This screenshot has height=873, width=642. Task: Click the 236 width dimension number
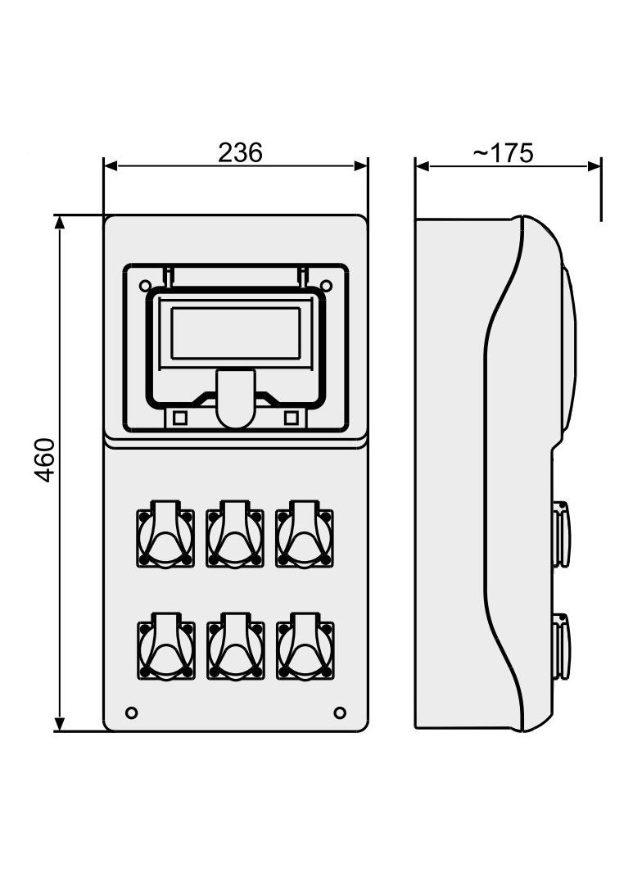(240, 152)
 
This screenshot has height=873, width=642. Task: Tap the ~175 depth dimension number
(503, 152)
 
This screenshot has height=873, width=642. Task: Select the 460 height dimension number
(44, 460)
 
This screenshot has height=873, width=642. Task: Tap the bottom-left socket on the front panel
(166, 647)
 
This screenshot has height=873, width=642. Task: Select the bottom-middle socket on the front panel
(236, 647)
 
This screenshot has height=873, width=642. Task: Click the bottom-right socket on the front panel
(305, 647)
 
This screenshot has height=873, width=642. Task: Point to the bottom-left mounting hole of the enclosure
(131, 712)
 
